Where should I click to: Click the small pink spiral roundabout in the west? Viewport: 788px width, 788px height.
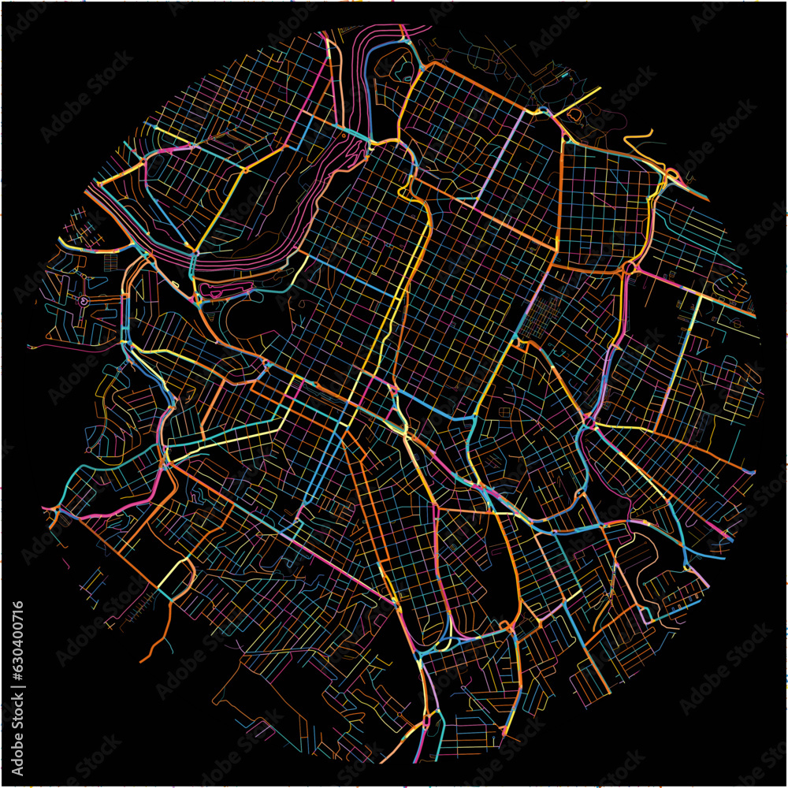click(x=83, y=300)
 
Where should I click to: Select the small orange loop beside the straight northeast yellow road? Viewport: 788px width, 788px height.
click(x=573, y=115)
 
